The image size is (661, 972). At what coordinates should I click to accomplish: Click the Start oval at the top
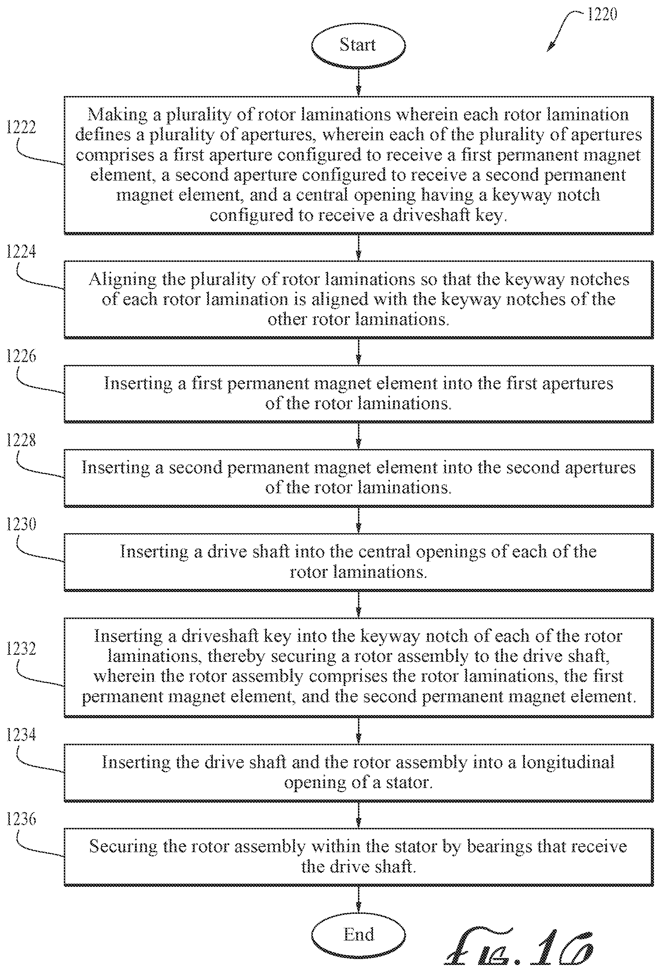(x=358, y=45)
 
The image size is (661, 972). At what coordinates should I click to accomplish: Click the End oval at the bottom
(x=358, y=934)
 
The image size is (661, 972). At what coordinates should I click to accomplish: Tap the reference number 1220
(x=602, y=14)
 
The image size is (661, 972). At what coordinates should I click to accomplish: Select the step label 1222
(x=21, y=127)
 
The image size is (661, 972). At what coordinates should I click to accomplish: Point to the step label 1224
(x=21, y=252)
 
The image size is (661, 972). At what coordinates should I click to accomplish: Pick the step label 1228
(x=21, y=440)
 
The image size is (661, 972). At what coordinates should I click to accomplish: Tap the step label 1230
(x=21, y=524)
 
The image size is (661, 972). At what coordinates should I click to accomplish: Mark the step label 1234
(x=21, y=735)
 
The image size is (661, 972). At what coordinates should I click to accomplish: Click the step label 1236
(x=21, y=819)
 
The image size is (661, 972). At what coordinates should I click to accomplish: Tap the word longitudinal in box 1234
(x=568, y=762)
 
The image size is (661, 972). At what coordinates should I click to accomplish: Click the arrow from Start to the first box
(x=358, y=82)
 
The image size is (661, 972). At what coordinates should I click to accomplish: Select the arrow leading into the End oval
(x=358, y=899)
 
